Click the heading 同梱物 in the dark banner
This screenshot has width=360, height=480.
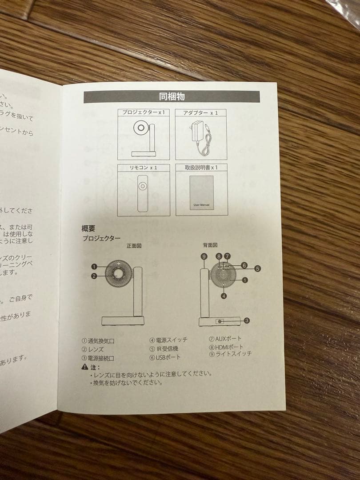point(172,96)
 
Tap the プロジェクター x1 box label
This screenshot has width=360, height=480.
point(144,113)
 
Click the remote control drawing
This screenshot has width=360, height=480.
point(143,192)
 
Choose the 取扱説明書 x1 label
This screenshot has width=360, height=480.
point(201,168)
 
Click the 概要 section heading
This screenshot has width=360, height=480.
point(89,228)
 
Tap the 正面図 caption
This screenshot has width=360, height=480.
point(134,245)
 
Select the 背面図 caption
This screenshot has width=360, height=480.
point(210,245)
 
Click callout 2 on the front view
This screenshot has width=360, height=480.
point(94,276)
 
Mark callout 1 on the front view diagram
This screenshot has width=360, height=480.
point(94,267)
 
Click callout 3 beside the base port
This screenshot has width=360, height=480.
point(247,320)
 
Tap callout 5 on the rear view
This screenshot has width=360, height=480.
point(258,268)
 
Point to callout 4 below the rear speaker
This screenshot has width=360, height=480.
point(224,296)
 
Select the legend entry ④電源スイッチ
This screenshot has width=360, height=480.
point(168,340)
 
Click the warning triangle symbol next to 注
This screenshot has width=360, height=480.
point(84,367)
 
